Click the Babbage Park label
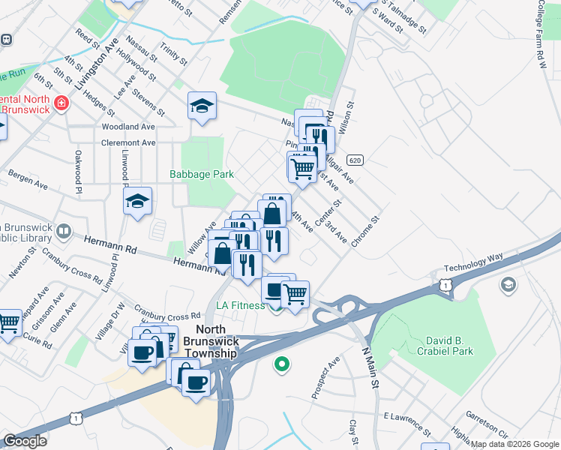click(x=201, y=174)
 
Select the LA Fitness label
click(x=240, y=305)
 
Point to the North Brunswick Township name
click(x=216, y=342)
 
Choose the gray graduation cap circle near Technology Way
click(x=508, y=284)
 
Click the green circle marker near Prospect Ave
click(x=282, y=365)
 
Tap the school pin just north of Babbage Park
click(x=202, y=107)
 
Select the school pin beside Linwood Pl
click(x=138, y=201)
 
